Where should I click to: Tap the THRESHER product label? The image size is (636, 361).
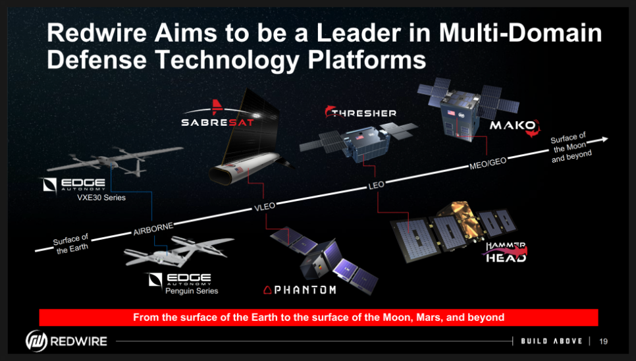361,113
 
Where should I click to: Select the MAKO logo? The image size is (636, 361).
515,126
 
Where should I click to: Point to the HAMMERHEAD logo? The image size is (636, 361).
506,252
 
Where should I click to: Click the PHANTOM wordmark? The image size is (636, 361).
300,290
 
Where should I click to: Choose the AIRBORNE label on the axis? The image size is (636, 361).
153,229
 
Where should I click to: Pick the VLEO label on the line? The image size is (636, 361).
265,207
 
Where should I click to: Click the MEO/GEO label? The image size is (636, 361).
488,163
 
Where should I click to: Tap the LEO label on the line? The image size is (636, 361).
376,185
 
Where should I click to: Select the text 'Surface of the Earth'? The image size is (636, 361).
71,244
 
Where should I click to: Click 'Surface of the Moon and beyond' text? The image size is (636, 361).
570,148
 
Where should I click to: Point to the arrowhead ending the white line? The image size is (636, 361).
604,139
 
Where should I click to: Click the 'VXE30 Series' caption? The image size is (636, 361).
101,198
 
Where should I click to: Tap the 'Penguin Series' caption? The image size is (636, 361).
192,291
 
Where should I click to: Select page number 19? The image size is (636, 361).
604,341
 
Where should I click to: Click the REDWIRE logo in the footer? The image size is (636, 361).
66,341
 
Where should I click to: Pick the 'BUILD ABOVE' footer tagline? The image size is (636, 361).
552,341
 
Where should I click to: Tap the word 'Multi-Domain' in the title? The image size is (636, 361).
520,32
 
